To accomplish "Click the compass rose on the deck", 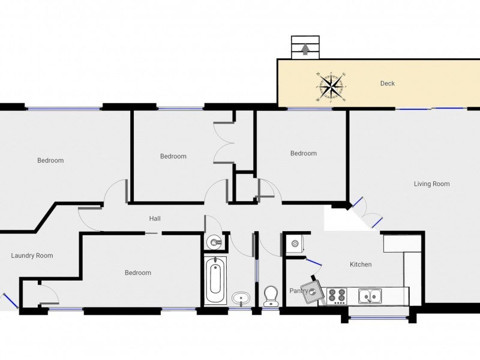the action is [331, 87].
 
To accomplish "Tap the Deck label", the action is [387, 83].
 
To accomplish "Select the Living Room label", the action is [431, 184].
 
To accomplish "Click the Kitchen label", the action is [361, 264].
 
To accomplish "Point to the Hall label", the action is [155, 218].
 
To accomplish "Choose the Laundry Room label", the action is [32, 256].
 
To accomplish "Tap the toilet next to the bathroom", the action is [271, 296].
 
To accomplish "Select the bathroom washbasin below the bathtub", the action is [241, 298].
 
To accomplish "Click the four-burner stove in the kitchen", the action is [337, 296].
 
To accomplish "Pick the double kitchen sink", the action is [370, 296].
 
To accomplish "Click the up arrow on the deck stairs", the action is [305, 49].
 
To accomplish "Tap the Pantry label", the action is [298, 290].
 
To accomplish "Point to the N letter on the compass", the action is [318, 74].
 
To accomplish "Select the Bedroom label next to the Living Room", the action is [304, 153].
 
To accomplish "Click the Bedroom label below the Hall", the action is [138, 273].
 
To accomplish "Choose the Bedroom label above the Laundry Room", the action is [50, 160].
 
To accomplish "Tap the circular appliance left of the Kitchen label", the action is [295, 244].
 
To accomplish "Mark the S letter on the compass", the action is [344, 100].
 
